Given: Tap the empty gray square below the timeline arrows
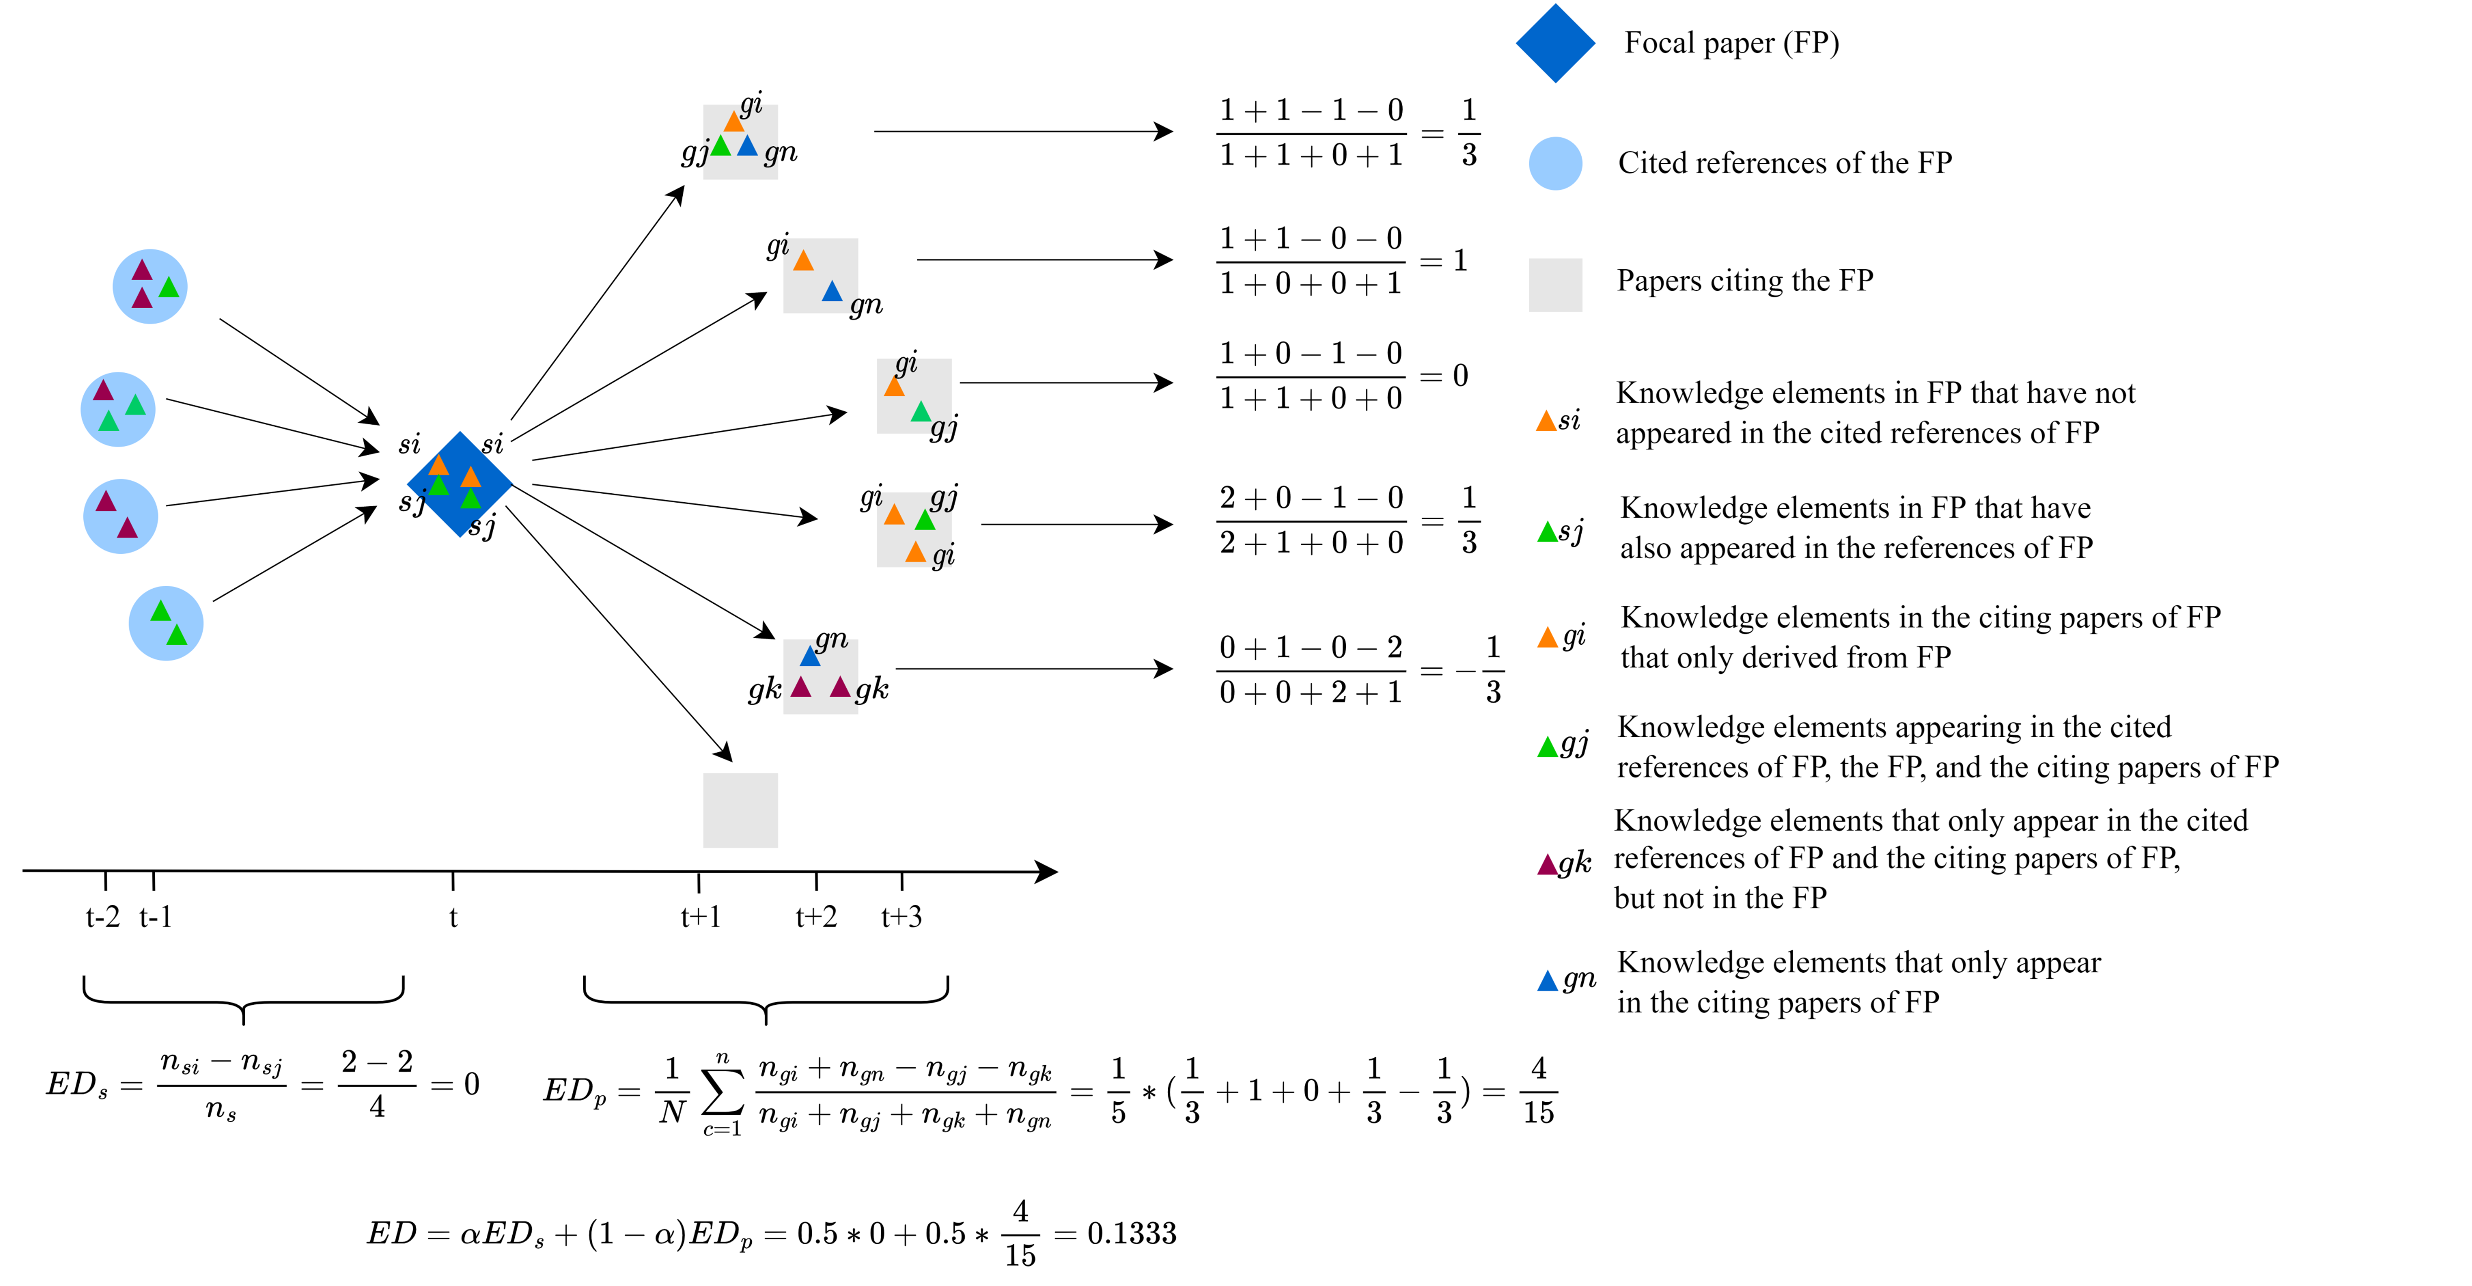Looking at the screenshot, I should coord(740,810).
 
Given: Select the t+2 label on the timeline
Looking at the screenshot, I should coord(816,917).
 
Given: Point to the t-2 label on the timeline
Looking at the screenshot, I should coord(103,917).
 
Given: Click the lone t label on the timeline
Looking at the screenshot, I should coord(453,917).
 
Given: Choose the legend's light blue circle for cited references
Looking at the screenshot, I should coord(1555,163).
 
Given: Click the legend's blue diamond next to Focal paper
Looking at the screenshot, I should coord(1555,43).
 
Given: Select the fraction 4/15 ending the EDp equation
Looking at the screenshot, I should coord(1538,1090).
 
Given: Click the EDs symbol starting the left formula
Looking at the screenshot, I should coord(77,1084).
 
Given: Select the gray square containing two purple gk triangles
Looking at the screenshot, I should coord(820,677).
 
